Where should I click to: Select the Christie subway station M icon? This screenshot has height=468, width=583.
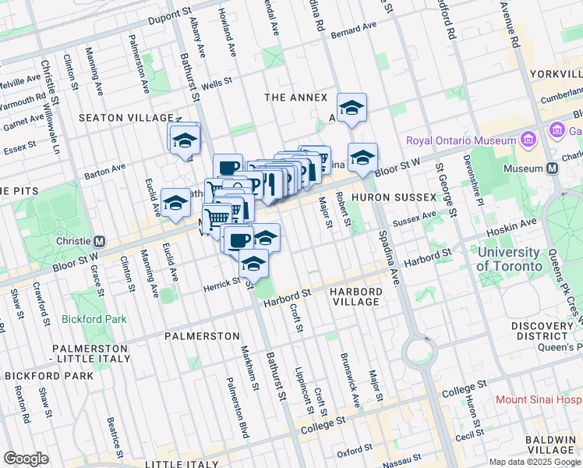click(x=100, y=241)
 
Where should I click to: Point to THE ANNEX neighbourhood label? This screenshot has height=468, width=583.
click(x=292, y=97)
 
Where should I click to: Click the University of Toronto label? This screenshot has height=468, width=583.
click(x=510, y=259)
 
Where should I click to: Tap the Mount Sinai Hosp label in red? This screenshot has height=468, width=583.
click(x=539, y=399)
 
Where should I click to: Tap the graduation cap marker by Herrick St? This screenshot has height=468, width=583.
click(x=253, y=264)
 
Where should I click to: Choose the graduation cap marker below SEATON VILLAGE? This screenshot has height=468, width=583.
click(x=185, y=140)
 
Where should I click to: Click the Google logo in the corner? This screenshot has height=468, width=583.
click(x=26, y=458)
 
